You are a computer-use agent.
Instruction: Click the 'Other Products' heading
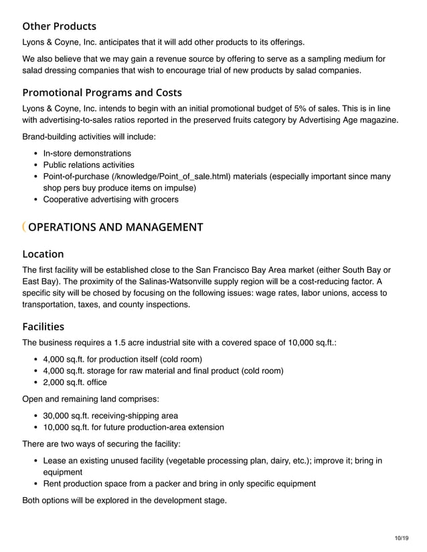[x=59, y=27]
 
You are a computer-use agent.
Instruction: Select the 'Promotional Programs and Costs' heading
[x=102, y=92]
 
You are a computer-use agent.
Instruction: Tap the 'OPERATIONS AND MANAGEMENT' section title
[x=116, y=227]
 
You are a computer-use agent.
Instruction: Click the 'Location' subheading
[x=43, y=254]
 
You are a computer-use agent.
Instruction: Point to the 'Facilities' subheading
[x=43, y=327]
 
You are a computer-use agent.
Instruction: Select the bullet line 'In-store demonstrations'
[x=87, y=154]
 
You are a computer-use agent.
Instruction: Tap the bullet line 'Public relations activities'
[x=88, y=165]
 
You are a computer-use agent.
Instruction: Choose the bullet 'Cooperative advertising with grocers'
[x=110, y=199]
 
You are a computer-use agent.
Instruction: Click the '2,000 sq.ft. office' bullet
[x=75, y=382]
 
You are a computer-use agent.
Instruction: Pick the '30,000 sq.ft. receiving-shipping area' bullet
[x=110, y=416]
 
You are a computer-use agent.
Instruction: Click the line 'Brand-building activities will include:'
[x=90, y=137]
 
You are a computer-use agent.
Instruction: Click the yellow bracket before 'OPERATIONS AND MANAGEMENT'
[x=24, y=227]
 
